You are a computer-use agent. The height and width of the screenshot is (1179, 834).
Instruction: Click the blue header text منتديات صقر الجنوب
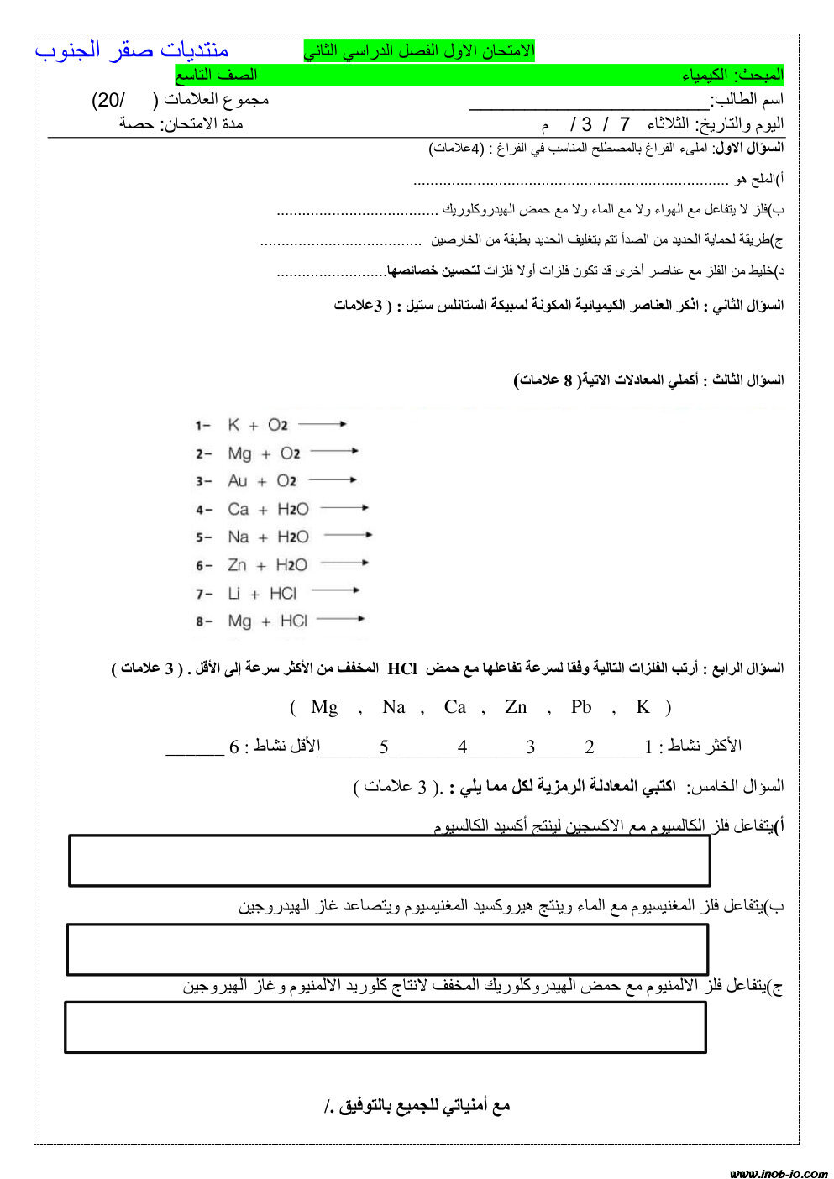[x=132, y=50]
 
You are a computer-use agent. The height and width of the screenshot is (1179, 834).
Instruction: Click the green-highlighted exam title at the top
[x=419, y=51]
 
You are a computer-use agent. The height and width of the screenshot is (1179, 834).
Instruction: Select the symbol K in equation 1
[x=233, y=425]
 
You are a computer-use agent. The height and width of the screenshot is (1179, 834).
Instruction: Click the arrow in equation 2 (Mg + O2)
[x=334, y=452]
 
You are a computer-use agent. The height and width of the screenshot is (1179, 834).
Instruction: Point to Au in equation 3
[x=238, y=481]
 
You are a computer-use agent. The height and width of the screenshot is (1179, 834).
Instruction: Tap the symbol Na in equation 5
[x=239, y=537]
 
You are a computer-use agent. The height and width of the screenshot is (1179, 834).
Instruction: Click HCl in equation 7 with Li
[x=283, y=594]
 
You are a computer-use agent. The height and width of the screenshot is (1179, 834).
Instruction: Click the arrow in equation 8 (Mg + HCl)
[x=340, y=620]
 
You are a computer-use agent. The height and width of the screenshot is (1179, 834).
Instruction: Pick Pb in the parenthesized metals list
[x=581, y=707]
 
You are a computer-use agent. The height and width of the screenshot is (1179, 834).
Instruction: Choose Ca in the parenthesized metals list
[x=455, y=707]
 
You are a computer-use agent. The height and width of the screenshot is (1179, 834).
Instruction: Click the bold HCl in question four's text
[x=402, y=668]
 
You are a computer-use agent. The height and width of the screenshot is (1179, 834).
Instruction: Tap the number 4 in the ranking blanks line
[x=463, y=747]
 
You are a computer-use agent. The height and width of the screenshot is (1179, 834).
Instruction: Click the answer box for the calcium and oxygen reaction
[x=389, y=861]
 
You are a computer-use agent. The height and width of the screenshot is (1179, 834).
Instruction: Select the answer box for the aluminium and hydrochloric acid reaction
[x=386, y=1027]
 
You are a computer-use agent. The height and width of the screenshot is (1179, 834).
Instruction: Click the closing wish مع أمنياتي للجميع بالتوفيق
[x=417, y=1106]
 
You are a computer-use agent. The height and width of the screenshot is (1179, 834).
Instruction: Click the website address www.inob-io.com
[x=778, y=1173]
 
